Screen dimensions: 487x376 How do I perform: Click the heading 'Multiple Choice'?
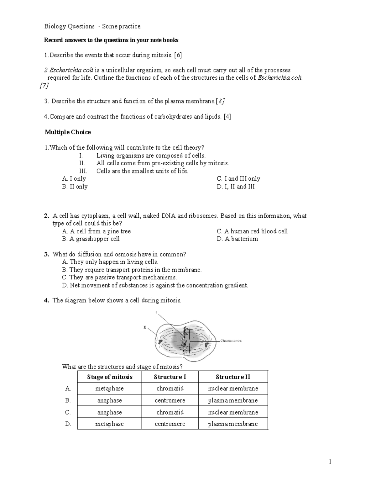click(x=68, y=132)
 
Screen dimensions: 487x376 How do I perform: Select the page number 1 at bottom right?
click(x=330, y=461)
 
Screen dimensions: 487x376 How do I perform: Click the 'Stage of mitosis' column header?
click(x=110, y=377)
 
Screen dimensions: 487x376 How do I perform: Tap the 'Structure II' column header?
click(x=233, y=377)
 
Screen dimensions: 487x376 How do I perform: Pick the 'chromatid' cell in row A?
click(x=170, y=389)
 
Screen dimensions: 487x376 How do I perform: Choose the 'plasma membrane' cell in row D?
click(x=233, y=424)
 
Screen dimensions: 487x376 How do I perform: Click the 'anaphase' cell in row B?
click(x=109, y=400)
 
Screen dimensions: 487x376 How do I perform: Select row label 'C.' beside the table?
click(x=68, y=412)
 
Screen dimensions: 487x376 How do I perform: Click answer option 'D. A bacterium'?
click(x=237, y=239)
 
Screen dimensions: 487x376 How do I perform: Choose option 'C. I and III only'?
click(x=238, y=179)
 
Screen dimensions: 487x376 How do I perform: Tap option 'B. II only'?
click(x=75, y=187)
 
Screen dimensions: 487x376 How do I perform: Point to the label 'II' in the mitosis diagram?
click(x=145, y=327)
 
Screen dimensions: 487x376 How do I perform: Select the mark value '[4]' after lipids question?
click(x=227, y=117)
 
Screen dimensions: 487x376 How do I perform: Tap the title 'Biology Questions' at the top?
click(x=69, y=26)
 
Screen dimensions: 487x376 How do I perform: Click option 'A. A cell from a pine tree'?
click(x=96, y=231)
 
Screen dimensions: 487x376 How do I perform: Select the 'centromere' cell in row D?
click(x=170, y=424)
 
